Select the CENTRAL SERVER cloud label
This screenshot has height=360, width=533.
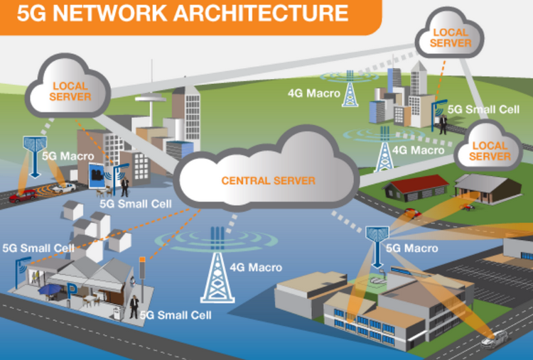(x=268, y=181)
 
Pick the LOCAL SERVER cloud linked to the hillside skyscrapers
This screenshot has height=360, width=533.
(x=451, y=37)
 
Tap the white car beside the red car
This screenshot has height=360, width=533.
(x=63, y=187)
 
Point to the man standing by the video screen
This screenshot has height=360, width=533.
(x=124, y=186)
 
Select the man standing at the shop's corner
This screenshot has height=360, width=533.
(x=134, y=306)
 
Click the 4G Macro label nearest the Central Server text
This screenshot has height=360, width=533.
(x=255, y=268)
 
